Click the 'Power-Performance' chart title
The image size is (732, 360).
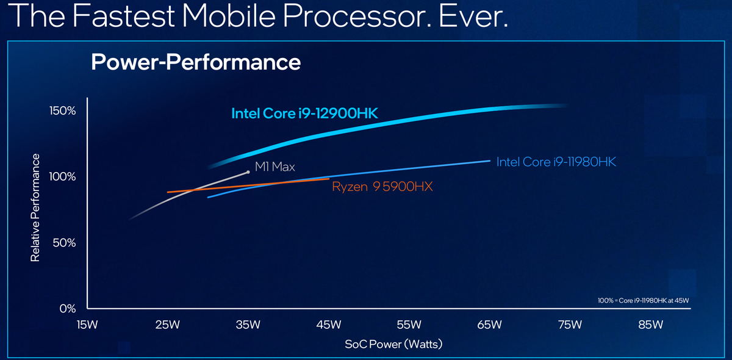[195, 62]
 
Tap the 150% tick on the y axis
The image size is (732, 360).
[62, 111]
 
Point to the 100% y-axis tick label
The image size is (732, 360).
[62, 177]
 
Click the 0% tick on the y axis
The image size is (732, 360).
[68, 308]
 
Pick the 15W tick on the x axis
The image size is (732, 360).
[87, 324]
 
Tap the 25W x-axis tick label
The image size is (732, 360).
[167, 324]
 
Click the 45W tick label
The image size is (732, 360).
[328, 324]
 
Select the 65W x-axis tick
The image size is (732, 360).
[489, 324]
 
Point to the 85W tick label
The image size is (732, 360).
[650, 324]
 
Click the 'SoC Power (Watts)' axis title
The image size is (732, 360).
[393, 344]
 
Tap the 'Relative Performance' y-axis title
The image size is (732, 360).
[35, 208]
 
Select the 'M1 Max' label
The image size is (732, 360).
[274, 166]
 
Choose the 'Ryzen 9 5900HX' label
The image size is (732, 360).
[382, 187]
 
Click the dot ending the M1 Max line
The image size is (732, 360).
[248, 172]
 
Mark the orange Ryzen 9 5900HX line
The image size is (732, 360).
[244, 185]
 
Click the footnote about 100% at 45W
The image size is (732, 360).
[647, 300]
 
